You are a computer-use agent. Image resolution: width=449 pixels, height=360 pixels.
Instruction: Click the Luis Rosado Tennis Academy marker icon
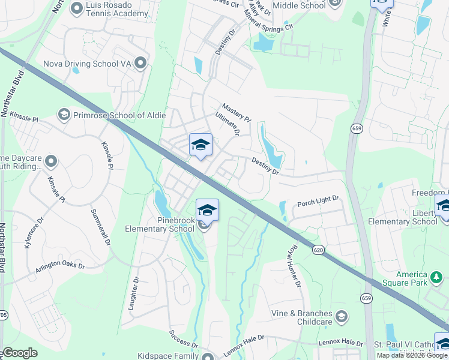pos(76,8)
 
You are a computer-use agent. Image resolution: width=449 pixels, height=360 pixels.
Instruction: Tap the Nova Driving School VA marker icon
pos(140,62)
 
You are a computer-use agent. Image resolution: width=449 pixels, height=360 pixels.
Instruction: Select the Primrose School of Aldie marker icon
pos(64,114)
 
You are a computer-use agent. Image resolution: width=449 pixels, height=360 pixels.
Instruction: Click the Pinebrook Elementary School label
pos(160,224)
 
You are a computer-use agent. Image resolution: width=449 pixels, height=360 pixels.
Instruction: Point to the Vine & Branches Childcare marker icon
pos(342,316)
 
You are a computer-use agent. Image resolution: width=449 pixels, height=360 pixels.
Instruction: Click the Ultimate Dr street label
pos(228,124)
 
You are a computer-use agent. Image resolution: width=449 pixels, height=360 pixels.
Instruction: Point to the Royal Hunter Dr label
pos(294,266)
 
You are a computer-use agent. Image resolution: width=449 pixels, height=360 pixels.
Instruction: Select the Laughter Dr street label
pos(134,292)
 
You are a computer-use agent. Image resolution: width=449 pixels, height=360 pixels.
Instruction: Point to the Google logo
pos(20,353)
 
